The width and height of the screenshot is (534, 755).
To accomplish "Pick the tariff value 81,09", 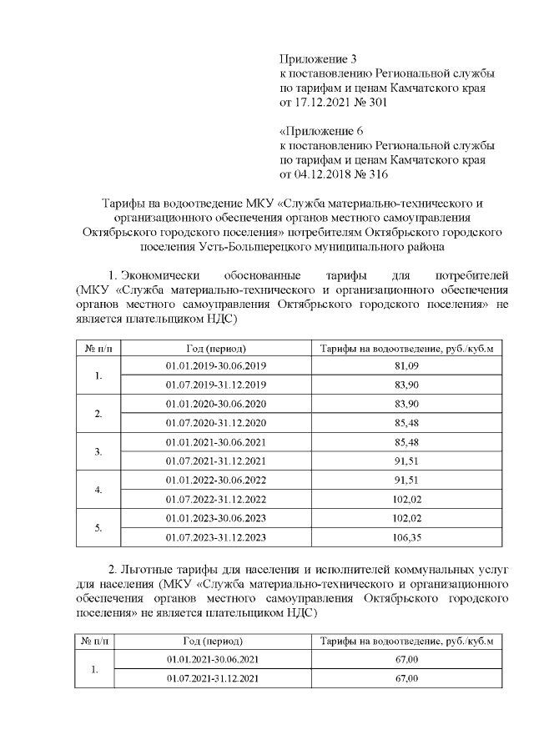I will click(x=407, y=366).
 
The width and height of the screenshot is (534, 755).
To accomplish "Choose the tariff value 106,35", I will click(x=407, y=537).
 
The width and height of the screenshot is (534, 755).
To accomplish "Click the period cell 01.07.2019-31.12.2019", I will click(x=216, y=385).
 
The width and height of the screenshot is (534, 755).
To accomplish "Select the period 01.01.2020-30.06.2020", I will click(x=216, y=404).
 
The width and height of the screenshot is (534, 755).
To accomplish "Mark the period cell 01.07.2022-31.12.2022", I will click(x=216, y=499).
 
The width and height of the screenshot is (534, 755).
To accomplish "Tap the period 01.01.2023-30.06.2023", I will click(x=216, y=518).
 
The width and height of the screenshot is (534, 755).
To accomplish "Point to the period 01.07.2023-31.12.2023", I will click(x=216, y=537).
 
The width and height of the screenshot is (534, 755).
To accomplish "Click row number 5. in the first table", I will click(x=98, y=528).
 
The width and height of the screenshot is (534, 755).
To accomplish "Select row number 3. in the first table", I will click(x=98, y=451).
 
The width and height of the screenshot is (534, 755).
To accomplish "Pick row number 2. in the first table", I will click(x=98, y=414).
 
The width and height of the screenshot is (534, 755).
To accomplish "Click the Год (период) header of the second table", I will click(x=213, y=642).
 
